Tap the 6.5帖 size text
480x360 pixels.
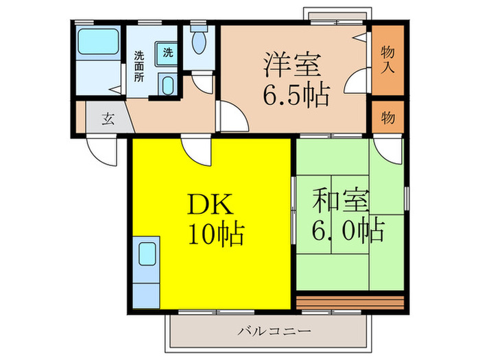pos(296,93)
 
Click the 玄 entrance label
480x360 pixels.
pos(108,118)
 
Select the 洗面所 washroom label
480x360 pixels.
pos(139,67)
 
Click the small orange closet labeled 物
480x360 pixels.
pos(387,117)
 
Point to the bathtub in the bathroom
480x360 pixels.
pos(97,45)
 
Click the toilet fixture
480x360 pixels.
pos(198,43)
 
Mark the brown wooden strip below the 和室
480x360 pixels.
pos(351,301)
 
